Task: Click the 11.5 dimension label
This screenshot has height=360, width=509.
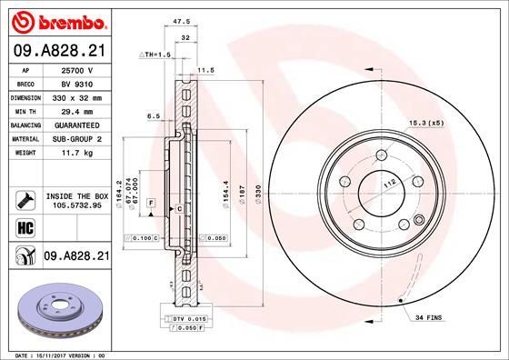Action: pyautogui.click(x=205, y=70)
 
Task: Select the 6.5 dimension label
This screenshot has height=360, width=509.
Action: pyautogui.click(x=154, y=116)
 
